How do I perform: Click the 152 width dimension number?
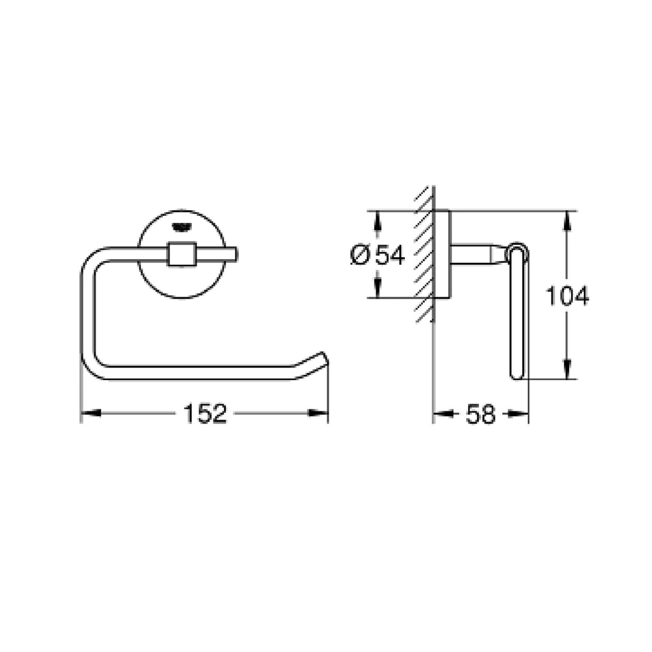pos(205,414)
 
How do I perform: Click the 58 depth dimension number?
pos(481,414)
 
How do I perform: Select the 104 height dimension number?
pos(567,295)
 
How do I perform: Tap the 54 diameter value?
pos(390,255)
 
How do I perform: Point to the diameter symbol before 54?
pos(360,255)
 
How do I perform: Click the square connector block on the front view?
pos(181,253)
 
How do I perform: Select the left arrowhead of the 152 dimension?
pos(90,413)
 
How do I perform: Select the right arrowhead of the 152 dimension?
pos(318,413)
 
